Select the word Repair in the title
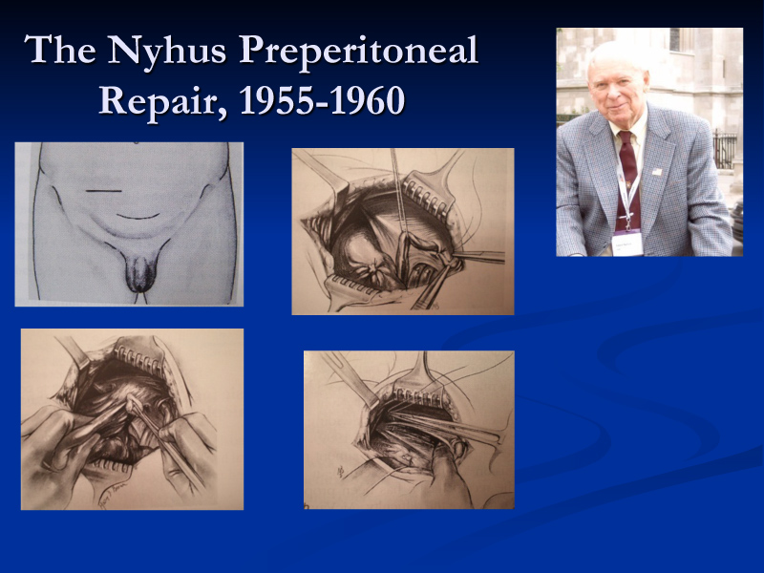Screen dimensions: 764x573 coord(163,102)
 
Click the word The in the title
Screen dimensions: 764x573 coord(60,50)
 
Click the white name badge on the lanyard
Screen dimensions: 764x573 coord(627,244)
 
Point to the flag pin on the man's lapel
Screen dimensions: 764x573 coord(657,172)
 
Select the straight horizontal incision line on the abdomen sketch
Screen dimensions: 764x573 coord(104,190)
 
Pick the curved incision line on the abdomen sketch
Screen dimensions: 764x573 coord(138,216)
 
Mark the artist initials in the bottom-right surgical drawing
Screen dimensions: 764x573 coord(341,471)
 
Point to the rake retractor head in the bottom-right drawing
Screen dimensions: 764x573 coord(419,393)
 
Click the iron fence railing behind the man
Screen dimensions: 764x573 coord(725,150)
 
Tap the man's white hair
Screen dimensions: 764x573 coord(617,54)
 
